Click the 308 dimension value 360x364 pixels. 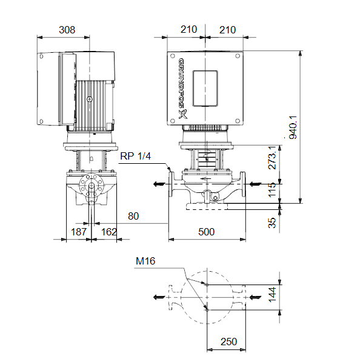[x=67, y=30]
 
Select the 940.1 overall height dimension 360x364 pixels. [x=293, y=127]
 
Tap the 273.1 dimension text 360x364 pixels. [x=272, y=158]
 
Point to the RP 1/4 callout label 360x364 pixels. [x=136, y=156]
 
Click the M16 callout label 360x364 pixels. [x=145, y=261]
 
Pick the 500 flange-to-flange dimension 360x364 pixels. [x=207, y=232]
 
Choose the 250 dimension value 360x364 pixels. [x=228, y=342]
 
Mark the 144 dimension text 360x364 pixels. [x=272, y=295]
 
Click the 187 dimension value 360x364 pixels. [x=79, y=232]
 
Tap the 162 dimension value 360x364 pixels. [x=109, y=232]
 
